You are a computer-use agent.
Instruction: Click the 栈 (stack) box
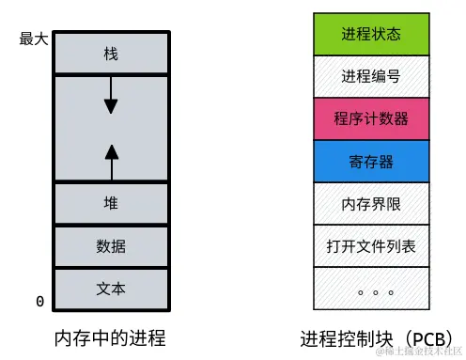(x=111, y=55)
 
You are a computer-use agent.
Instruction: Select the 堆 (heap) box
(x=111, y=203)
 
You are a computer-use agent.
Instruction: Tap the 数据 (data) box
(x=111, y=246)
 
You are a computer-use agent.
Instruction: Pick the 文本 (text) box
(x=111, y=289)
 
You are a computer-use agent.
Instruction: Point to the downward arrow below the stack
(x=111, y=98)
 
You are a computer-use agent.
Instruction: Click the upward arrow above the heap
(x=111, y=161)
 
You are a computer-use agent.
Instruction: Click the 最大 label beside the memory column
(x=33, y=39)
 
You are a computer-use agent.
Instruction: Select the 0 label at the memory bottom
(x=39, y=302)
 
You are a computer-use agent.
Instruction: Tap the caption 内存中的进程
(x=111, y=337)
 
